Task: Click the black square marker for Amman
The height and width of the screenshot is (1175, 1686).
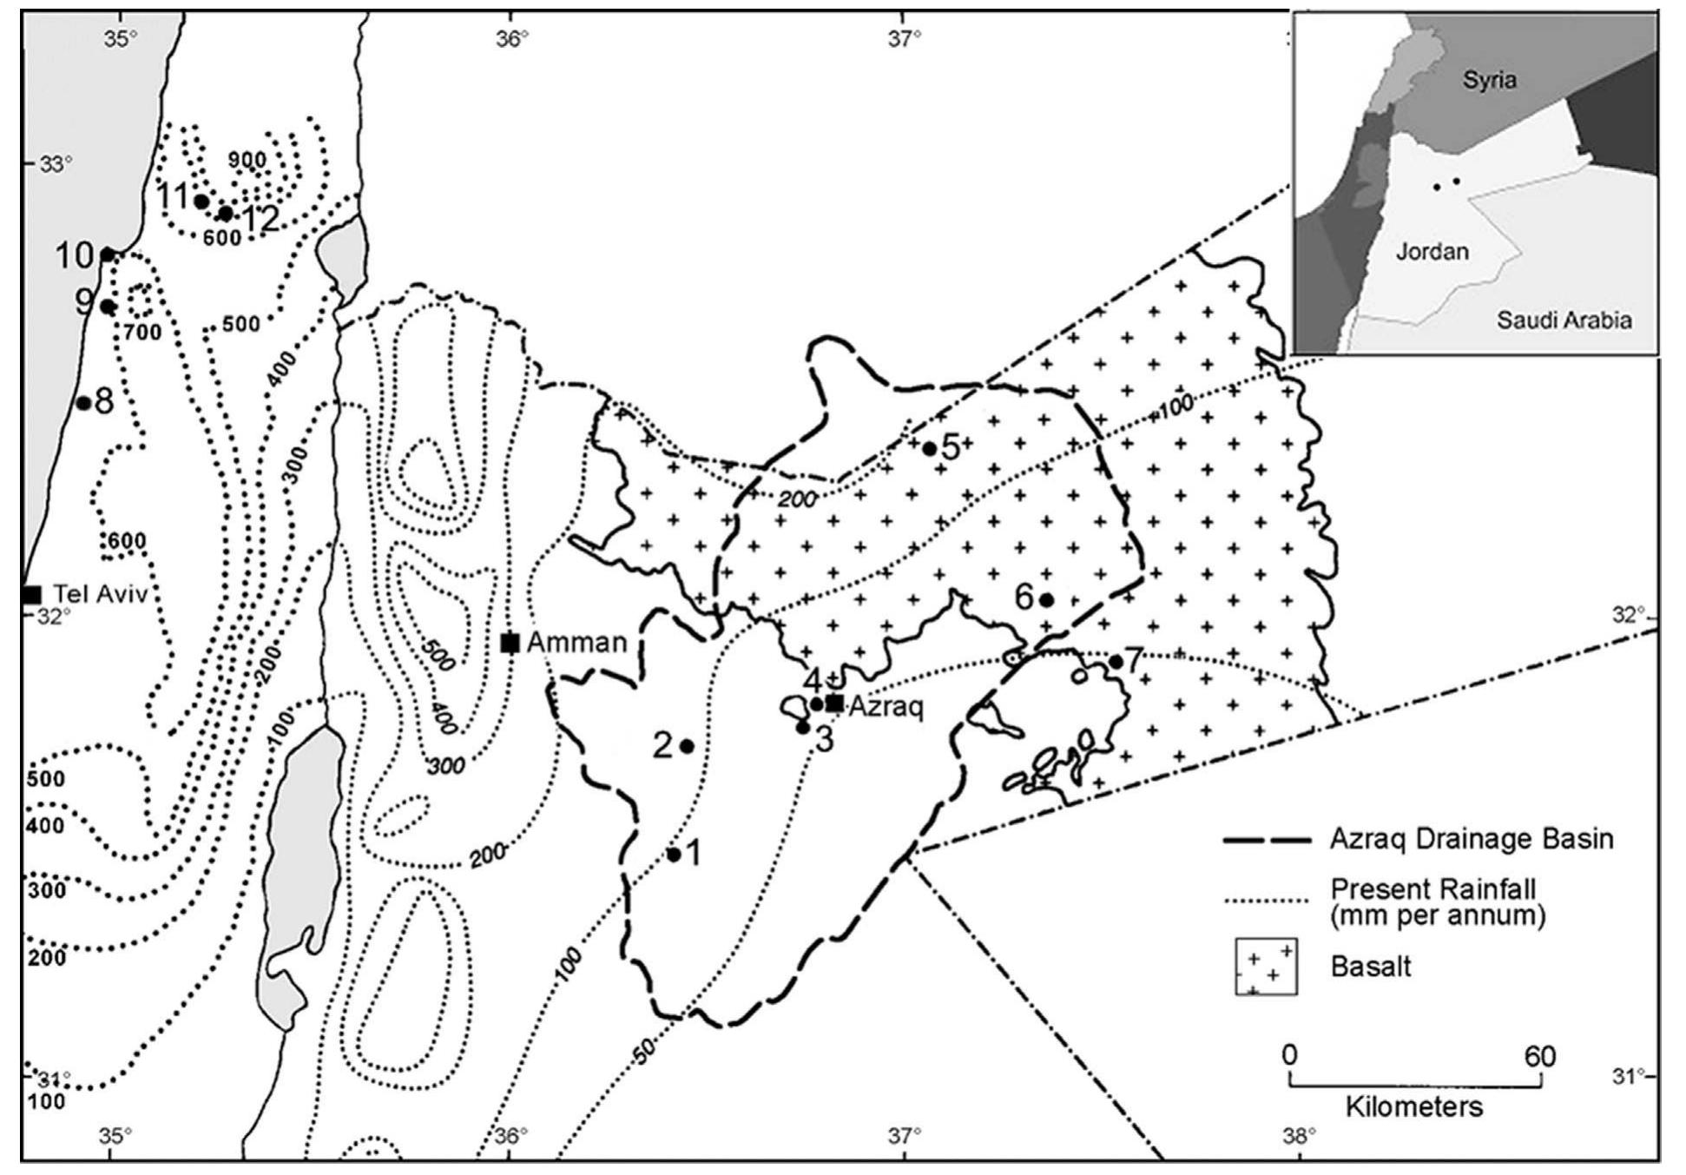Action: [x=510, y=643]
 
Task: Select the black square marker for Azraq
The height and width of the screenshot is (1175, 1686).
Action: [x=834, y=703]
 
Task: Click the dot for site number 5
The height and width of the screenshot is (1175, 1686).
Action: [x=929, y=449]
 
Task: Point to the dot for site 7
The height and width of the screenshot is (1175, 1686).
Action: [x=1116, y=662]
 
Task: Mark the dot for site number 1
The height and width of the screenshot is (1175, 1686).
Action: [x=674, y=855]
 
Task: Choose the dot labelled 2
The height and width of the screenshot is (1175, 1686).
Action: [x=686, y=746]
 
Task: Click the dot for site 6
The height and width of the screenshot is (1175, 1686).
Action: [x=1046, y=599]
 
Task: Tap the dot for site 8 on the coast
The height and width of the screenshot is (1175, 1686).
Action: [x=83, y=403]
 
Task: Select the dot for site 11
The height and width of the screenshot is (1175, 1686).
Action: [x=201, y=201]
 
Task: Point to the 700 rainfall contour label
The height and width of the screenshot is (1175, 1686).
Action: [x=142, y=332]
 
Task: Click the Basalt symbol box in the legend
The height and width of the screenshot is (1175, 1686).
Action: [x=1266, y=966]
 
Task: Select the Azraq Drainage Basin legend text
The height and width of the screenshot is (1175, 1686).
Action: [x=1472, y=840]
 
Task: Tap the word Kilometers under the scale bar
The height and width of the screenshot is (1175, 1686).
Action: [x=1414, y=1107]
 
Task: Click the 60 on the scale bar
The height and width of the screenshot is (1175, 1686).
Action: [x=1539, y=1057]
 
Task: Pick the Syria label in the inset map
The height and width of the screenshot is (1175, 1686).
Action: [x=1489, y=81]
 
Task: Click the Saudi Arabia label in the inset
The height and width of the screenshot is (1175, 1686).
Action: [x=1563, y=320]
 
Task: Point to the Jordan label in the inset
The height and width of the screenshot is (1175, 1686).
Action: [x=1432, y=252]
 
